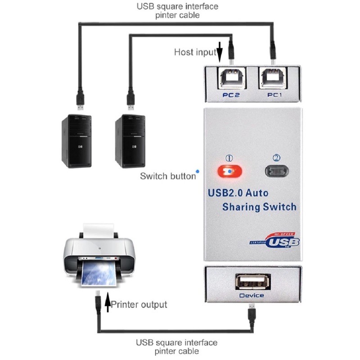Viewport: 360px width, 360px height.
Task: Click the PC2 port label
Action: [x=231, y=95]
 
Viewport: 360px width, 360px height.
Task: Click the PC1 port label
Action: [x=274, y=95]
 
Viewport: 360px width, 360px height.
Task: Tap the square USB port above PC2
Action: [x=231, y=78]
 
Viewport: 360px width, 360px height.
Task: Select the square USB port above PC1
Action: [x=273, y=78]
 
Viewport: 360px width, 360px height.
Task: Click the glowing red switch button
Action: [x=230, y=171]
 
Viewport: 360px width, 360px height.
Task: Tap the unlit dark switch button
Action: [x=277, y=171]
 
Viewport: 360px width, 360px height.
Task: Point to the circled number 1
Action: [x=229, y=158]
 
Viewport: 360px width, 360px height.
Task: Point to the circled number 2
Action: [x=276, y=158]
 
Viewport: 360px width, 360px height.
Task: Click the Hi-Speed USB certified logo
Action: [x=274, y=240]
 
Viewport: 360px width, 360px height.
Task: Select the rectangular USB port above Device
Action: [x=253, y=282]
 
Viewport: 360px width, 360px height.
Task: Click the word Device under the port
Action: [x=252, y=296]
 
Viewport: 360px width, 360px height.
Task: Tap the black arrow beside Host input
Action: [x=220, y=52]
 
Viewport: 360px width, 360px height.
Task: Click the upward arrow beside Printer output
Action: [x=108, y=302]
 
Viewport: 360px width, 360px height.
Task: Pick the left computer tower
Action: [x=76, y=141]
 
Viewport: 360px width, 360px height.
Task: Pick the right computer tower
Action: [x=130, y=141]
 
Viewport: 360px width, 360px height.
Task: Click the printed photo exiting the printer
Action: [x=99, y=274]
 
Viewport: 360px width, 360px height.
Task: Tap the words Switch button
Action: [x=168, y=176]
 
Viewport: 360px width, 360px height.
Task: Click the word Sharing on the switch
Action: [x=241, y=207]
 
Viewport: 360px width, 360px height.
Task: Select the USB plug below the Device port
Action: [x=252, y=313]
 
